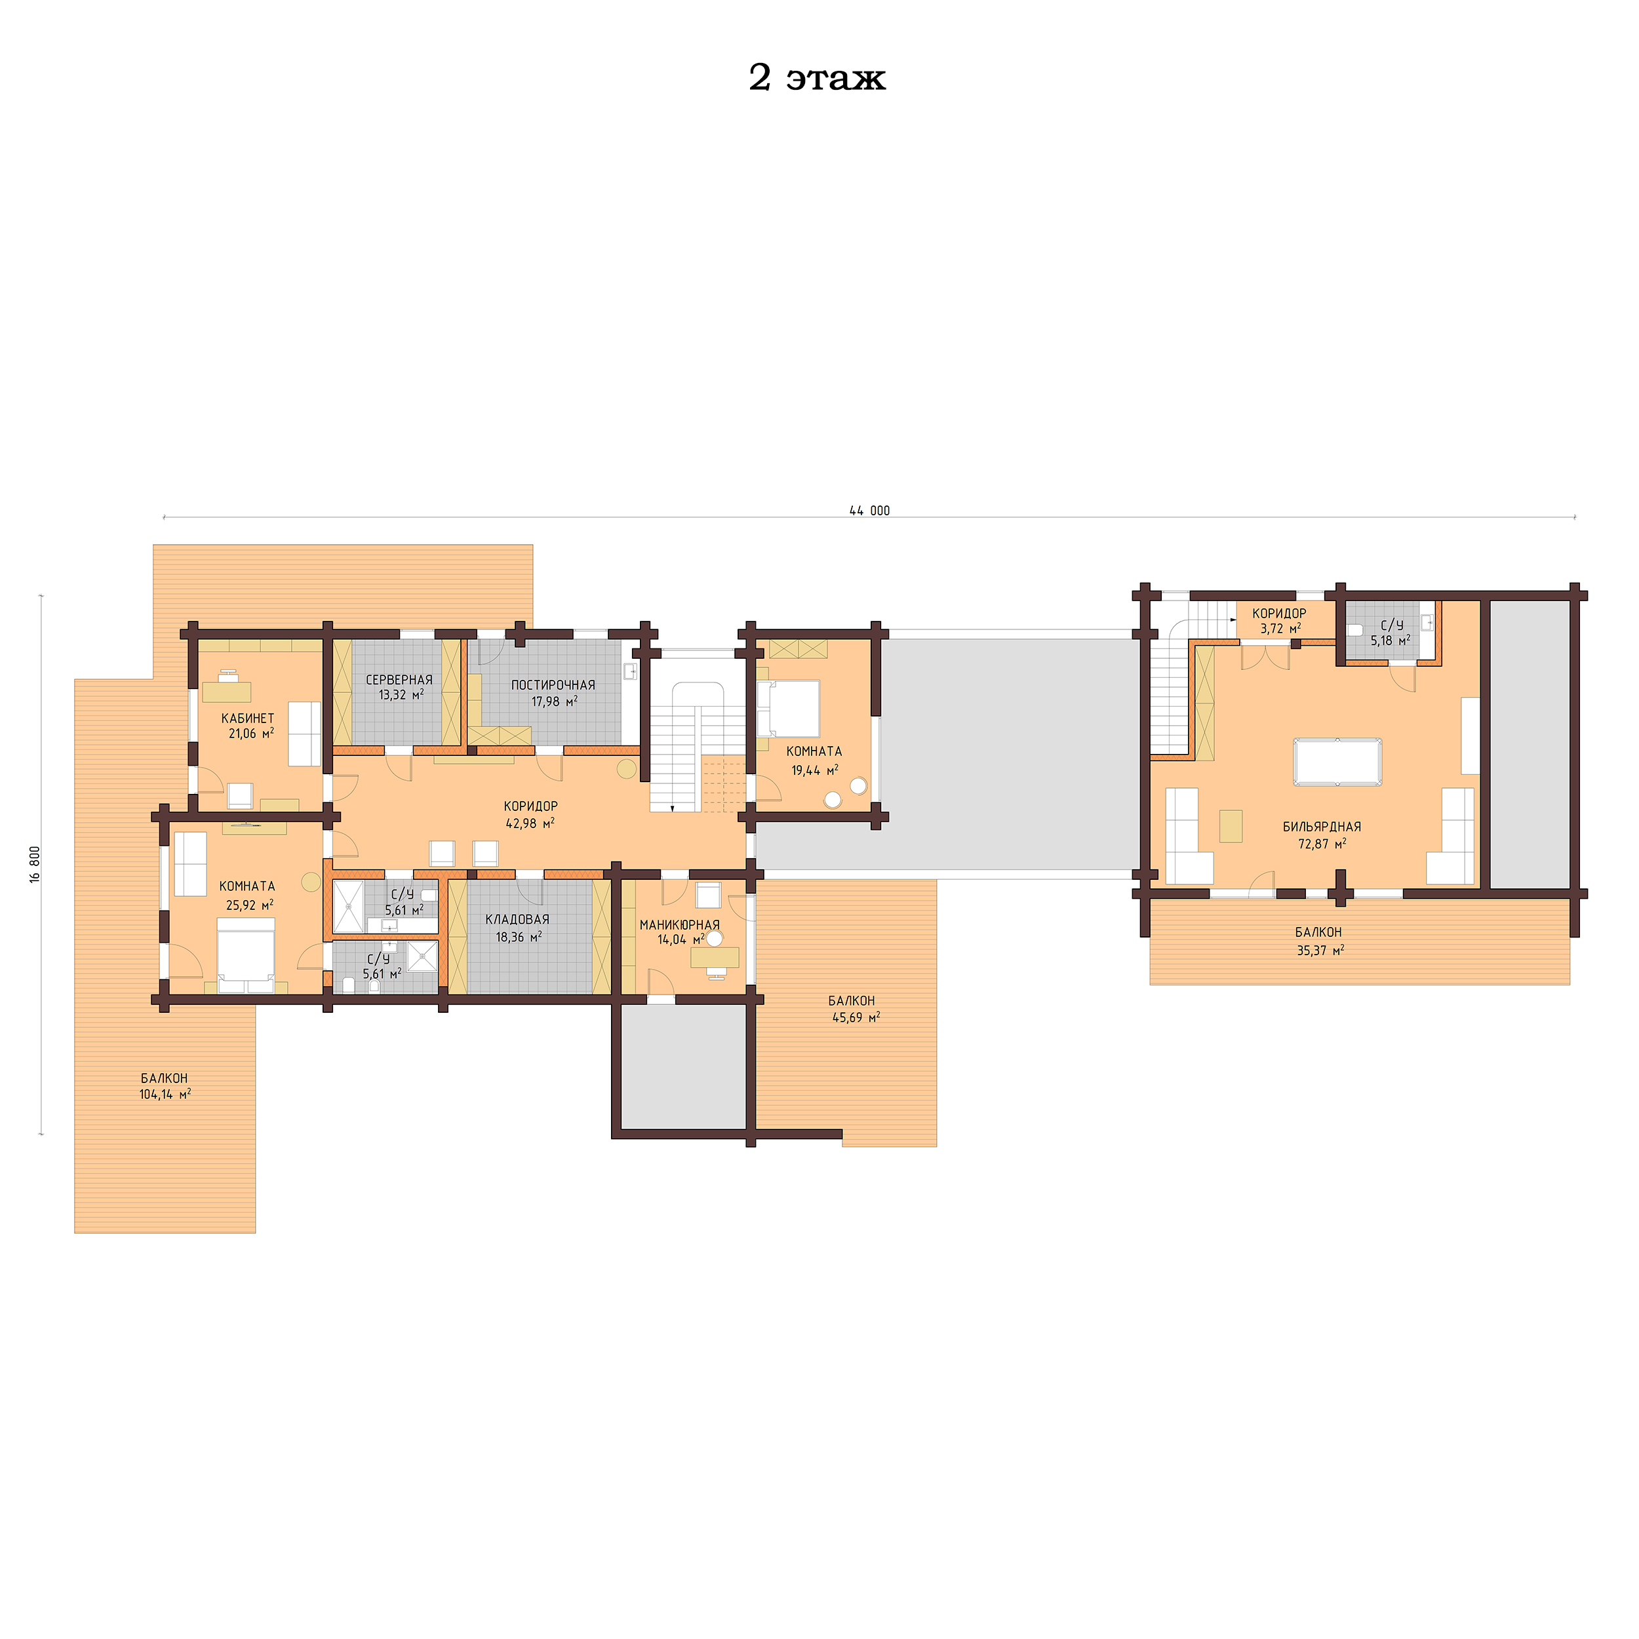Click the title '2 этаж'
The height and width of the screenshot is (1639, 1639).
tap(816, 78)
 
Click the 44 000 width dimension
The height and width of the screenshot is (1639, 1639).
tap(869, 511)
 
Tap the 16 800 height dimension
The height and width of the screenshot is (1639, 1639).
tap(35, 863)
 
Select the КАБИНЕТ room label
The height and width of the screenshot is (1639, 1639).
tap(248, 719)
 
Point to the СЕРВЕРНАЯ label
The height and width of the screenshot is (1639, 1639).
tap(399, 679)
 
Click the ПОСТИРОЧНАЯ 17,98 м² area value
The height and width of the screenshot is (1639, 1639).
tap(554, 701)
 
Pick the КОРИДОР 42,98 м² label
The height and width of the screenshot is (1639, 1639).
tap(530, 814)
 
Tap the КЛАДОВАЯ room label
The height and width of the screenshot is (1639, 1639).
tap(517, 918)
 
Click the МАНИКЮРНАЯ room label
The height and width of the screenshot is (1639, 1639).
tap(679, 924)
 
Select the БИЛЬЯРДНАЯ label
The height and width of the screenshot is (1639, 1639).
tap(1321, 826)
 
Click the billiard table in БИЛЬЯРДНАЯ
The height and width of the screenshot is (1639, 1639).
tap(1336, 762)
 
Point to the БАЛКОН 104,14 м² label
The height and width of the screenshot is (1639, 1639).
tap(165, 1086)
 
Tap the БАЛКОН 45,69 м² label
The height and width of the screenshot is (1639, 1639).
tap(852, 1009)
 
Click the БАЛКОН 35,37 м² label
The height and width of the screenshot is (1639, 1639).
tap(1318, 941)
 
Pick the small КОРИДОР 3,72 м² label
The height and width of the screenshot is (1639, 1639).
tap(1279, 620)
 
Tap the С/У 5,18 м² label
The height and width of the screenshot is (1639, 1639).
tap(1391, 633)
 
